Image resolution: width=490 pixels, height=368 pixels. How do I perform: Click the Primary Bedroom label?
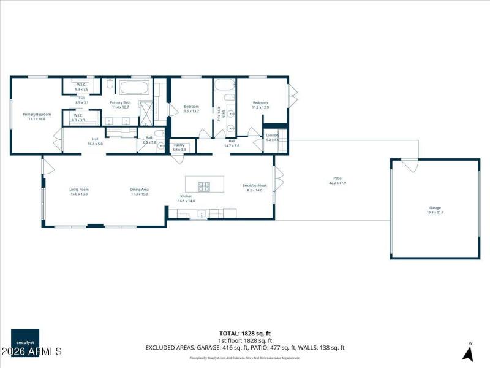(37, 116)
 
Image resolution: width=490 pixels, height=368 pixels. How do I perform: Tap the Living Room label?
(78, 191)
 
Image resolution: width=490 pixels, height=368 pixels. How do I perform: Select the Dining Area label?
(140, 191)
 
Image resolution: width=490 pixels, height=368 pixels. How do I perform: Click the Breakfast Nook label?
(254, 188)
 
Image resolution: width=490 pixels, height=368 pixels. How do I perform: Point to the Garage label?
(435, 210)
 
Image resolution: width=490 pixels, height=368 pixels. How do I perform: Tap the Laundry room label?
(273, 137)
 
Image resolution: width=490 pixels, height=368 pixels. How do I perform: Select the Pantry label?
(179, 147)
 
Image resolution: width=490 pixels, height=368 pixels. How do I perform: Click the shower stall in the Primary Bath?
(147, 112)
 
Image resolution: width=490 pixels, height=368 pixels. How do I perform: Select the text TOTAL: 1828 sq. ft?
(245, 333)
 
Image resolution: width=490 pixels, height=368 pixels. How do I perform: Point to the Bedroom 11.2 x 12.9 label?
(260, 105)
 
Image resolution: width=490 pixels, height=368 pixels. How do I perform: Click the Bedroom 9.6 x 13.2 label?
(192, 109)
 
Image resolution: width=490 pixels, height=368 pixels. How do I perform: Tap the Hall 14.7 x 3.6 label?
(232, 144)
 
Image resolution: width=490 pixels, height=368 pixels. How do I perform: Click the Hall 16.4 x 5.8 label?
(96, 141)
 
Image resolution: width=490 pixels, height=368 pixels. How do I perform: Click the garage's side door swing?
(409, 165)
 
